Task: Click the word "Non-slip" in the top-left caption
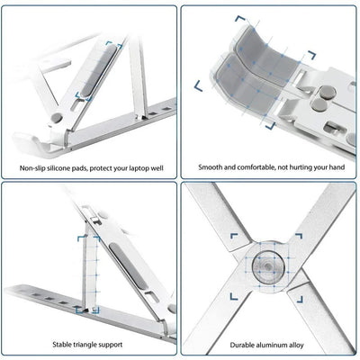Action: click(31, 167)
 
